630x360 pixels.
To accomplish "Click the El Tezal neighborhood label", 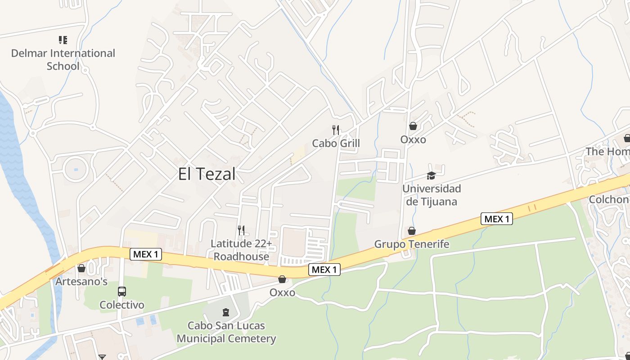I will pyautogui.click(x=207, y=174).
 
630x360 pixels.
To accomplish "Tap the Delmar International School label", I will pyautogui.click(x=63, y=59).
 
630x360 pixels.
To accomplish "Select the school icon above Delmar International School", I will pyautogui.click(x=63, y=40).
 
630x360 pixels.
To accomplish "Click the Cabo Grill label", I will pyautogui.click(x=336, y=144).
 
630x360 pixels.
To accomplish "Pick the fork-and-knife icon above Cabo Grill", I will pyautogui.click(x=336, y=130).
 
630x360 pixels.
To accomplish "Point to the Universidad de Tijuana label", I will pyautogui.click(x=432, y=195).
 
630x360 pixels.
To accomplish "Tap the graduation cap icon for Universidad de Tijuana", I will pyautogui.click(x=431, y=175).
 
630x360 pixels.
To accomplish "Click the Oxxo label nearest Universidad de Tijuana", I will pyautogui.click(x=413, y=139).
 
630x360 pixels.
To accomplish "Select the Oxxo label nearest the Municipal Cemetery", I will pyautogui.click(x=282, y=292).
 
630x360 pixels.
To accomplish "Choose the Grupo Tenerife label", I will pyautogui.click(x=412, y=244).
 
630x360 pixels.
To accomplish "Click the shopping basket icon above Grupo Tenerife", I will pyautogui.click(x=412, y=231).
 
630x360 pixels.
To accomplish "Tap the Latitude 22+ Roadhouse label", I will pyautogui.click(x=242, y=250).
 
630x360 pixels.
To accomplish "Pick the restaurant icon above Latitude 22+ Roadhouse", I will pyautogui.click(x=242, y=230).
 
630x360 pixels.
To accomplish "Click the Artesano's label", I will pyautogui.click(x=81, y=282).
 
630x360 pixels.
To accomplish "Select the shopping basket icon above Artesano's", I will pyautogui.click(x=81, y=268).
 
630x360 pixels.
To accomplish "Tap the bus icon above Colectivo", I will pyautogui.click(x=122, y=291).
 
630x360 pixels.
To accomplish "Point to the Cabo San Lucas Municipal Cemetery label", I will pyautogui.click(x=226, y=332).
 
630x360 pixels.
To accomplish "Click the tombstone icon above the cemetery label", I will pyautogui.click(x=226, y=312).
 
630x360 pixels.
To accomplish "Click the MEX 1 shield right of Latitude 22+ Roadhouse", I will pyautogui.click(x=324, y=270).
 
